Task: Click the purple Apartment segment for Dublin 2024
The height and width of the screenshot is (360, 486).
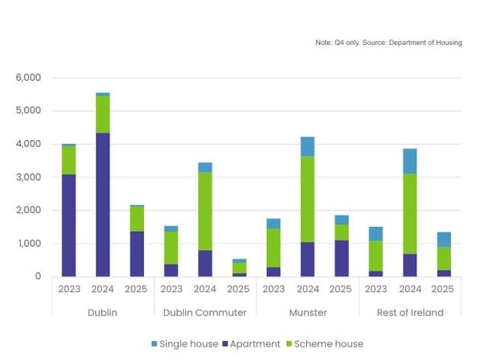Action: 103,204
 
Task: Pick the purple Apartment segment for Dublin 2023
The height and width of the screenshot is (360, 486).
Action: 69,225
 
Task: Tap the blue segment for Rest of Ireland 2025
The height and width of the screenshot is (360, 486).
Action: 443,239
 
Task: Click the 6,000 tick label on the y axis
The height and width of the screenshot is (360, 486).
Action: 28,78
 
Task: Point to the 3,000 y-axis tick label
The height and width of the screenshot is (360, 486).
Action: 28,177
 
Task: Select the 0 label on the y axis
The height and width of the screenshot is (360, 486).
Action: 37,276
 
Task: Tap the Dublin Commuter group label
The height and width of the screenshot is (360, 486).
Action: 205,313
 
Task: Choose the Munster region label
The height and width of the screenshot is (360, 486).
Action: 307,313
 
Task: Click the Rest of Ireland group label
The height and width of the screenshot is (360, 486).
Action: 409,313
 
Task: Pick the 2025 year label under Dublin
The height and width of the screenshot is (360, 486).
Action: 137,290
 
